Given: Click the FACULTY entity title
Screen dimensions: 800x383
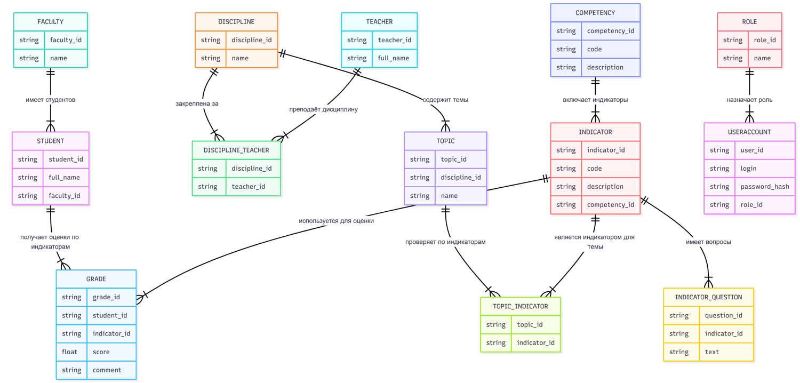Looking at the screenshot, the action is coord(50,22).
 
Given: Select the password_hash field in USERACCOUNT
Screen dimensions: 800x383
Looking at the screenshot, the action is coord(765,187).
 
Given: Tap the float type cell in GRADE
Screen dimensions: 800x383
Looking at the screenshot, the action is coord(69,352).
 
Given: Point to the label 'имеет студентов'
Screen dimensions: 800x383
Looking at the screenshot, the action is coord(50,100).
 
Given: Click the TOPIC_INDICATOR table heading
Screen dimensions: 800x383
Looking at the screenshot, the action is coord(521,306).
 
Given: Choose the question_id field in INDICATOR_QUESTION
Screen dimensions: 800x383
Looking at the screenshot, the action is coord(724,315).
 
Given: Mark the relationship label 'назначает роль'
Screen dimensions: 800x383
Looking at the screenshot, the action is coord(749,100).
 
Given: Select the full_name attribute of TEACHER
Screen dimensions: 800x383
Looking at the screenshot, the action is coord(394,58).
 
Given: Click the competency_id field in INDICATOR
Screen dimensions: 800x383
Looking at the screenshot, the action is coord(611,205).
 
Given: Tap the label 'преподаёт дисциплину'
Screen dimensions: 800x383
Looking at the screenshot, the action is coord(323,109).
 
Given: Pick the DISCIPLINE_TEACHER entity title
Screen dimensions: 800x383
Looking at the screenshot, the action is coord(236,150).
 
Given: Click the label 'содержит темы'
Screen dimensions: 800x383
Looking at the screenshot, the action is coord(445,100).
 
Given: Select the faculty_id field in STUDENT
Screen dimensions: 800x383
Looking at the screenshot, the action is coord(65,196).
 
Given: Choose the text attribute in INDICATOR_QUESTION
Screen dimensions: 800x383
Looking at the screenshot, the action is coord(712,352).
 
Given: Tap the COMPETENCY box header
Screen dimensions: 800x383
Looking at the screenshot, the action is coord(595,13).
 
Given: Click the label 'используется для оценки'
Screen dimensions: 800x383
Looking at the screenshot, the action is coord(336,221).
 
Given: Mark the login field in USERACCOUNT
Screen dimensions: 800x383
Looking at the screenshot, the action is coord(748,168).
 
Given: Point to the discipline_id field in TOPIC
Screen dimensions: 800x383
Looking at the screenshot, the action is coord(461,178).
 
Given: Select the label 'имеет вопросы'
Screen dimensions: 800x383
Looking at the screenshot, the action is coord(708,242).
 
